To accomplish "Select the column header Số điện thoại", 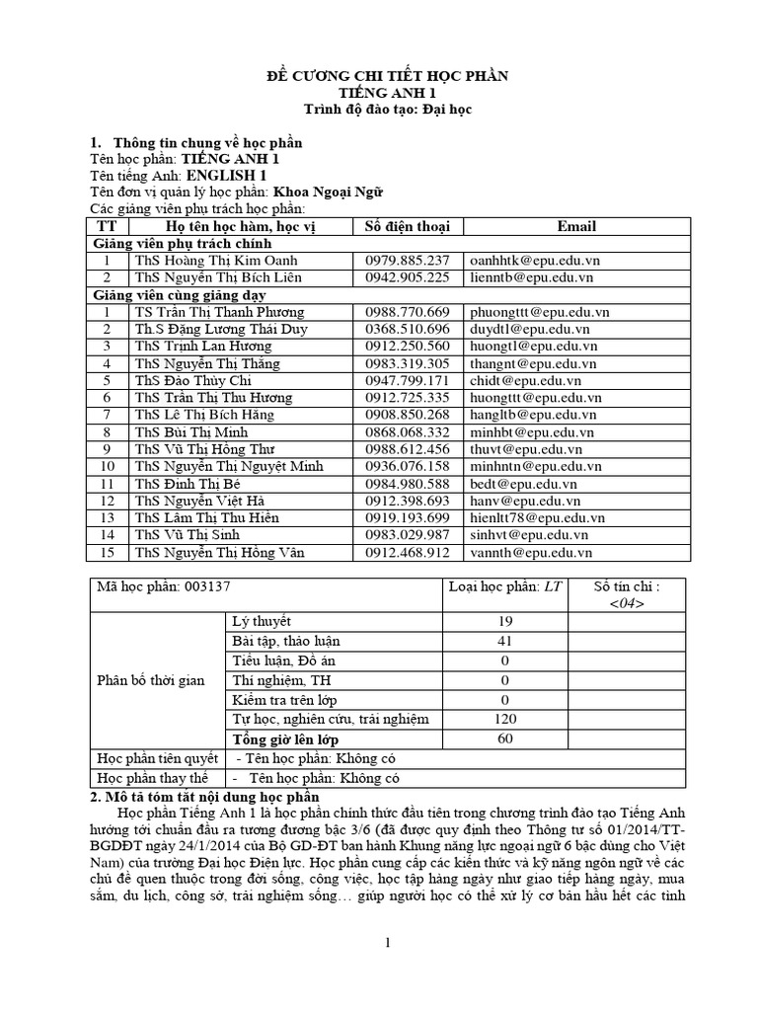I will point(407,226).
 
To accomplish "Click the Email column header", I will point(576,226).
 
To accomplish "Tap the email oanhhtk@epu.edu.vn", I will point(534,261).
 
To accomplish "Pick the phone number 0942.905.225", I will point(407,277).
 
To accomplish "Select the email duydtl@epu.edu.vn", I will point(529,329).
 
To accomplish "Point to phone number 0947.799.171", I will point(407,380).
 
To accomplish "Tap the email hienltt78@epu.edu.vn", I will point(537,518).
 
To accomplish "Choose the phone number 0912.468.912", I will point(407,553).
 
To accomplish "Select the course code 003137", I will point(204,586).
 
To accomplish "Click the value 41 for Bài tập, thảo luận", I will point(504,641).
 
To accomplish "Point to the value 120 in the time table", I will point(504,719).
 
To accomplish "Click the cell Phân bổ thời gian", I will point(151,680).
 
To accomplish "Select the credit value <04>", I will point(627,604).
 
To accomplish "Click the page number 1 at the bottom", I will point(389,943).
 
